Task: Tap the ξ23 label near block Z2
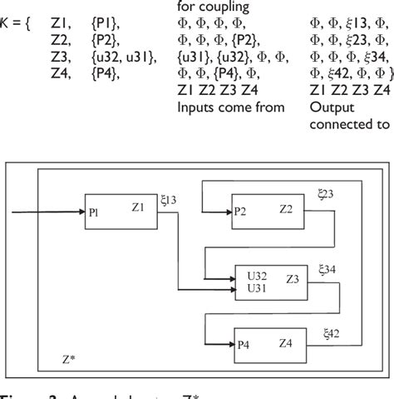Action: [327, 194]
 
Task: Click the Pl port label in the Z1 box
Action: [93, 213]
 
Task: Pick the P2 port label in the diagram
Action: [240, 211]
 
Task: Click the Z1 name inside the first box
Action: [139, 204]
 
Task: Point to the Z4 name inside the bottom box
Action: [286, 342]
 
